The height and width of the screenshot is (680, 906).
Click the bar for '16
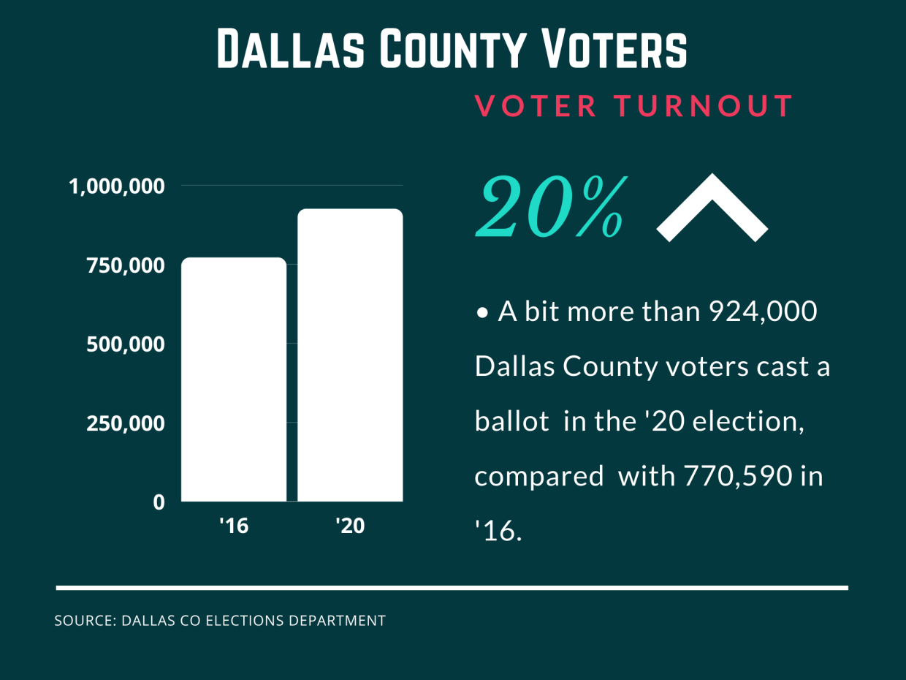pos(233,379)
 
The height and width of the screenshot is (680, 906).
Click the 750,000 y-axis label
pos(126,265)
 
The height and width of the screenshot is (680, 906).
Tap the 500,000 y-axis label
pos(126,344)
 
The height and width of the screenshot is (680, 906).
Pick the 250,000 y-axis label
pos(126,423)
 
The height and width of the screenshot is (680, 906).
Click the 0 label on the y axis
pos(159,503)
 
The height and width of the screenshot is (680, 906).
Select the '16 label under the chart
pos(234,525)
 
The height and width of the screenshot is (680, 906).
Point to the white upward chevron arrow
pos(712,208)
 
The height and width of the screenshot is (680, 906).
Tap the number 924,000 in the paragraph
pos(753,312)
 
